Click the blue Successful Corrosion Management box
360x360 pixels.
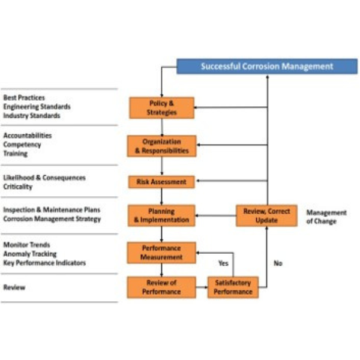pyautogui.click(x=267, y=66)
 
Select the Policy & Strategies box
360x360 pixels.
pyautogui.click(x=161, y=107)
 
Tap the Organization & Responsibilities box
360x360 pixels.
pyautogui.click(x=161, y=146)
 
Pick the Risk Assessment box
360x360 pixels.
pyautogui.click(x=161, y=181)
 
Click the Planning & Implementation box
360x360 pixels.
pyautogui.click(x=161, y=215)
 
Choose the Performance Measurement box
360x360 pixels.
pyautogui.click(x=161, y=252)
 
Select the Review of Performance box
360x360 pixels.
pyautogui.click(x=161, y=287)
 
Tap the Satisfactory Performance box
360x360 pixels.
pyautogui.click(x=233, y=287)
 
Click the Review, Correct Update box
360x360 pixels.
pyautogui.click(x=266, y=215)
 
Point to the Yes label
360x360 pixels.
pyautogui.click(x=223, y=263)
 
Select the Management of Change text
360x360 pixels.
pyautogui.click(x=326, y=217)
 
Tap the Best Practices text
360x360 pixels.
pyautogui.click(x=23, y=97)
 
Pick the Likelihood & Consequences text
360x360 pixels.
pyautogui.click(x=44, y=178)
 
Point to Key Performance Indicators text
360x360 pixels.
pyautogui.click(x=44, y=263)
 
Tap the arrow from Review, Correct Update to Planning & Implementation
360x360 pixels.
pyautogui.click(x=216, y=216)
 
